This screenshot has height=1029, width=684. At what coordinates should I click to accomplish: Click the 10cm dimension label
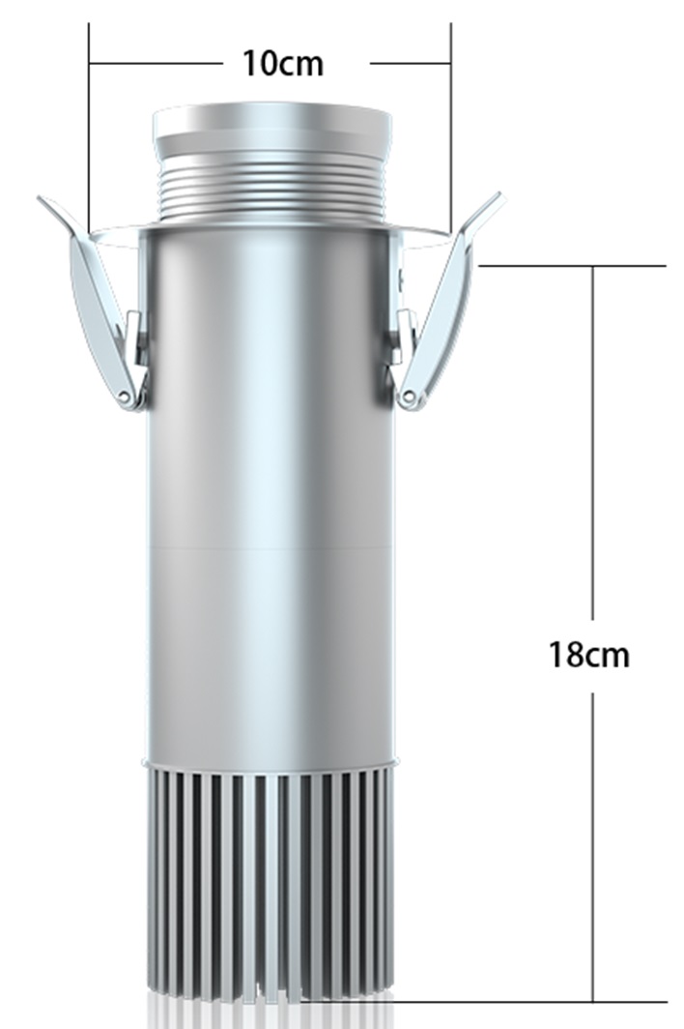pos(282,64)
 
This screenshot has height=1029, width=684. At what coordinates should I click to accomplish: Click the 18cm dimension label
pos(589,655)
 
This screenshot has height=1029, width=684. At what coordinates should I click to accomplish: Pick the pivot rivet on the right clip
pos(410,397)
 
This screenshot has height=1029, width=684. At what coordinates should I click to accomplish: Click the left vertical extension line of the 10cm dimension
pos(89,126)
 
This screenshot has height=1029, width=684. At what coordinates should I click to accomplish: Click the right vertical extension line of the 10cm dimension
pos(451,126)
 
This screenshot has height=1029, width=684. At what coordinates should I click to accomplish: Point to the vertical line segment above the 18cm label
pos(593,435)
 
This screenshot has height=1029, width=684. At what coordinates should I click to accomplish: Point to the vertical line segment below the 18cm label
pos(593,841)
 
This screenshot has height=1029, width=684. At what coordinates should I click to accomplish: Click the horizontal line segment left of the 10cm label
pos(155,64)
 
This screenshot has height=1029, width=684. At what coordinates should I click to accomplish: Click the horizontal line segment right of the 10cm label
pos(410,64)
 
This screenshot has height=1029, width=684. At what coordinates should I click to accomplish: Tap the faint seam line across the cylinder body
pos(271,548)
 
